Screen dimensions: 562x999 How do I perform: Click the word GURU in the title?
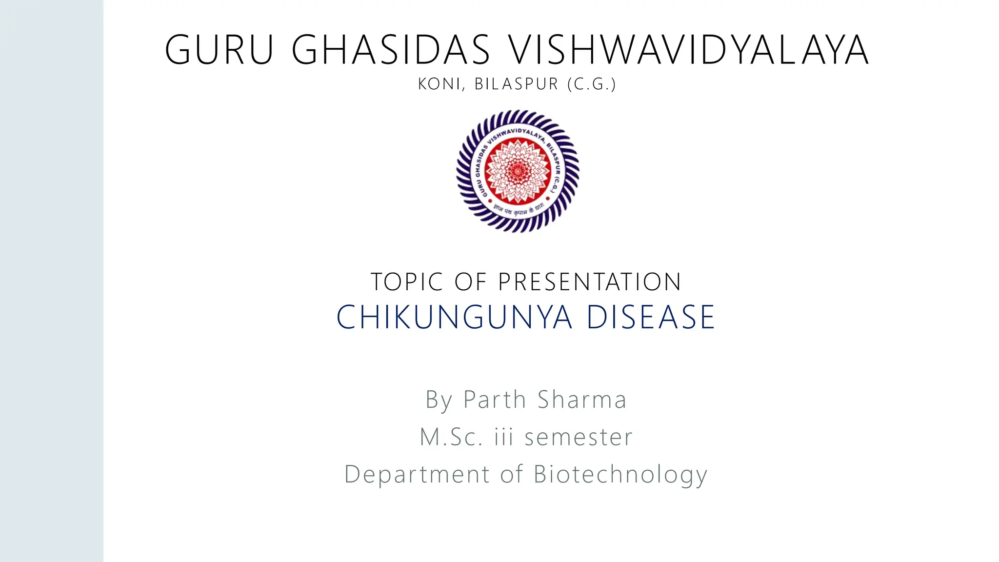point(220,50)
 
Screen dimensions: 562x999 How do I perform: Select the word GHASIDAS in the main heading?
point(391,50)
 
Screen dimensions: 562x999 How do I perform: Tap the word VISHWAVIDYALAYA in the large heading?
point(688,50)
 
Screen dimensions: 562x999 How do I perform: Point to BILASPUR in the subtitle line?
point(516,84)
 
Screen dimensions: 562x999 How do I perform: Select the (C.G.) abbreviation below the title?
point(592,84)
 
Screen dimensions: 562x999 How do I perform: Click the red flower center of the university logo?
point(518,170)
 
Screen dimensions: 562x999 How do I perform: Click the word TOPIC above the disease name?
point(407,282)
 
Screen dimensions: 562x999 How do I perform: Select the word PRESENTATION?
point(589,282)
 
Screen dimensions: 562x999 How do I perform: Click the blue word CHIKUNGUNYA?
point(454,317)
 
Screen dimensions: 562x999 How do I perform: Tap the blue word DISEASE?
point(651,317)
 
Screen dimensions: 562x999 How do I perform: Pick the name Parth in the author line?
point(495,400)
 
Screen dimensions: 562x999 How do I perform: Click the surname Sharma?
point(582,400)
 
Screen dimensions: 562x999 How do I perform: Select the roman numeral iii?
point(504,437)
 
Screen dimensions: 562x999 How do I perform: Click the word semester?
point(579,437)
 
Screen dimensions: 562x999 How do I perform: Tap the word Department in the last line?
point(417,474)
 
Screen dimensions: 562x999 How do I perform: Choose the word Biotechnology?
point(620,474)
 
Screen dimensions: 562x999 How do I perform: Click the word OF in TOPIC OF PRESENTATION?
point(470,282)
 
